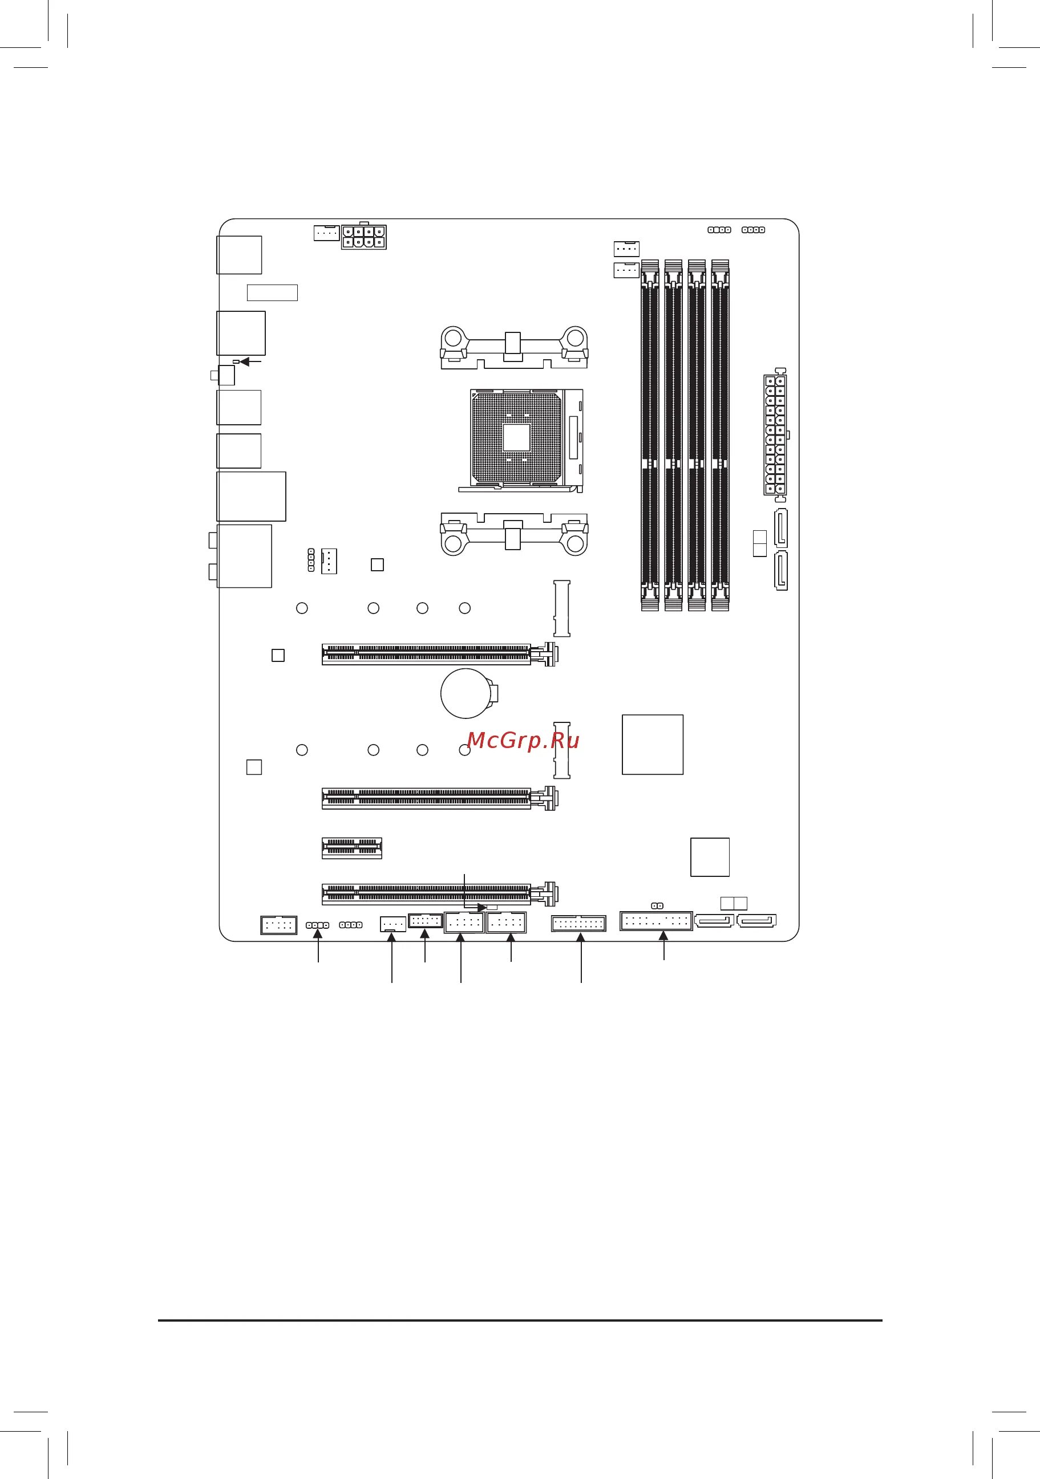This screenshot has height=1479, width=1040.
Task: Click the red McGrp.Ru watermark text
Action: [x=523, y=741]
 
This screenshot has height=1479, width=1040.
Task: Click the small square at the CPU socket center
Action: [x=516, y=437]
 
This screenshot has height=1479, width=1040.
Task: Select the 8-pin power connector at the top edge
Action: [x=365, y=237]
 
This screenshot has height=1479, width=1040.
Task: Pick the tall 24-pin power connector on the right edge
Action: [x=775, y=436]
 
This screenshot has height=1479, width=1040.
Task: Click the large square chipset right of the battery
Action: [x=652, y=744]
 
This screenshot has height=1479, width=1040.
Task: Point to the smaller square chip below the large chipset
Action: [x=710, y=857]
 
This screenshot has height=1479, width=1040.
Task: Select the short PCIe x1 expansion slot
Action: [x=352, y=848]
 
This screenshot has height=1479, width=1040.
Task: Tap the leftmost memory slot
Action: [x=650, y=435]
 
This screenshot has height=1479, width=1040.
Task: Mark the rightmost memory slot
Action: [x=720, y=435]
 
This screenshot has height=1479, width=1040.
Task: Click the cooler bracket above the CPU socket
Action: [x=513, y=348]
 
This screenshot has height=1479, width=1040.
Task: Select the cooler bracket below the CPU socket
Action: [x=513, y=533]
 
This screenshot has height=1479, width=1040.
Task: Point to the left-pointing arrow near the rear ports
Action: [x=250, y=362]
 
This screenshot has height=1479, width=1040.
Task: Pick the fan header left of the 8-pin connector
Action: [x=327, y=233]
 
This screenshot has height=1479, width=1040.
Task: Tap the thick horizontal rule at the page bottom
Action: [x=520, y=1320]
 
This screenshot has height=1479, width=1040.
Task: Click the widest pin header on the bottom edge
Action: [x=656, y=920]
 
